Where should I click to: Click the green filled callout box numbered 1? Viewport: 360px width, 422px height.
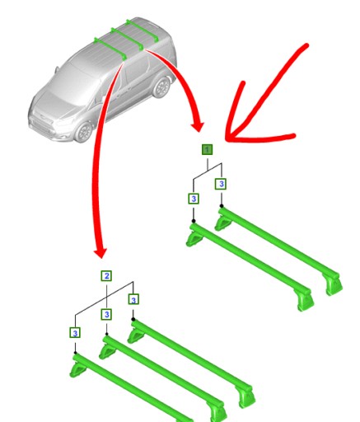click(207, 149)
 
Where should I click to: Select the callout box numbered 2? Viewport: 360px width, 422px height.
click(105, 275)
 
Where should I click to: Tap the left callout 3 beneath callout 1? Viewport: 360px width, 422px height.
click(193, 199)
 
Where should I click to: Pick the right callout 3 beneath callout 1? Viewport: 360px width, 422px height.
click(221, 184)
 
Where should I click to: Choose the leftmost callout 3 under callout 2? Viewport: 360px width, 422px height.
click(75, 332)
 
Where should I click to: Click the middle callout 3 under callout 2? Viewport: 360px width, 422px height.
click(106, 314)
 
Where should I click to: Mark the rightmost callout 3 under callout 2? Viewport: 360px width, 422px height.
click(133, 299)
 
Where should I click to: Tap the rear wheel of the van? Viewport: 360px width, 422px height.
click(161, 87)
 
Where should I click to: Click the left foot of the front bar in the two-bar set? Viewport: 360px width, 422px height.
click(194, 239)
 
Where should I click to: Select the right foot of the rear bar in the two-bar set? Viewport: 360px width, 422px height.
click(333, 284)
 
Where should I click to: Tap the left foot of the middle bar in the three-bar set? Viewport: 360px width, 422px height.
click(108, 350)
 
